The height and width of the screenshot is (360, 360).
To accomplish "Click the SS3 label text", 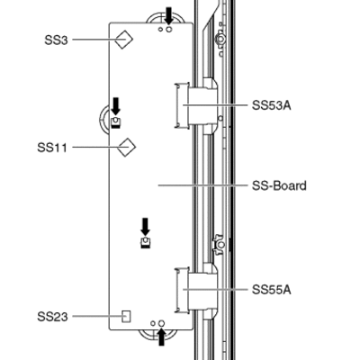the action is coord(56,40).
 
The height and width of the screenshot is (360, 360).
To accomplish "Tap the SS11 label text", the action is coord(52,148).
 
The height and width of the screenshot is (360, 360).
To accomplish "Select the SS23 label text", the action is coord(52,317).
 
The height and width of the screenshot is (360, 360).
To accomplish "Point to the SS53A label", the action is coord(272,105).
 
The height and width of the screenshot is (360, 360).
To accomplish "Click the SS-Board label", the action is coord(279,185).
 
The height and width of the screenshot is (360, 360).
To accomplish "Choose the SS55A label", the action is coord(272,290).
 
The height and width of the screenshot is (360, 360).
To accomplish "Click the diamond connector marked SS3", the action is coord(124,40).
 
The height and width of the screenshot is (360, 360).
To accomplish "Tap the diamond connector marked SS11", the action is coord(126,148).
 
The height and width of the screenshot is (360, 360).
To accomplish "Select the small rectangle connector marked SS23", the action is coord(126,317).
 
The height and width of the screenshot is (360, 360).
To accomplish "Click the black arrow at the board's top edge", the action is coord(169,16).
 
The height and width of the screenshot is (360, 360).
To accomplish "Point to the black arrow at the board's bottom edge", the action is coord(161,337).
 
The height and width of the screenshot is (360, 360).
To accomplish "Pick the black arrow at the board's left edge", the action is coord(115,106).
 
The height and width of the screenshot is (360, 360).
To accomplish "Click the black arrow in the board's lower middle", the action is coord(145,227).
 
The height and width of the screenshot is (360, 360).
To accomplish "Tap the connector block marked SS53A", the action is coord(196,105).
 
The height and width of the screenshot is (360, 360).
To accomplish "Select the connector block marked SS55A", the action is coord(196,290).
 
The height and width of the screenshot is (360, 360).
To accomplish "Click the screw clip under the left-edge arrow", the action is coord(115,122).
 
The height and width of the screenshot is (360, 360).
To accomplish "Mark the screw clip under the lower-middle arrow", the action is coord(145,242).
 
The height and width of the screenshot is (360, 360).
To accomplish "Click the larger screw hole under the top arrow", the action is coord(169,29).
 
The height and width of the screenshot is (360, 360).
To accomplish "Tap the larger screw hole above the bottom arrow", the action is coord(161,323).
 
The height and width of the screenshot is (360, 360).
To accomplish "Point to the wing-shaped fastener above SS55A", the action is coord(220,245).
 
